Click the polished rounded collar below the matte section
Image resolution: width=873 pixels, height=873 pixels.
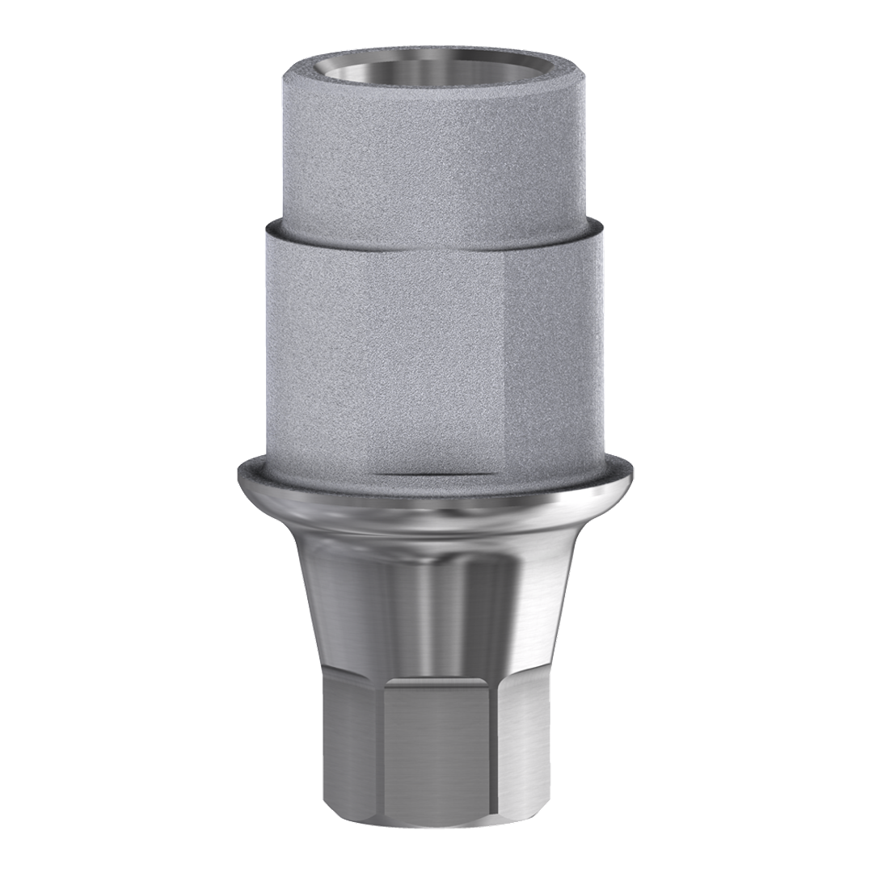coord(436,501)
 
